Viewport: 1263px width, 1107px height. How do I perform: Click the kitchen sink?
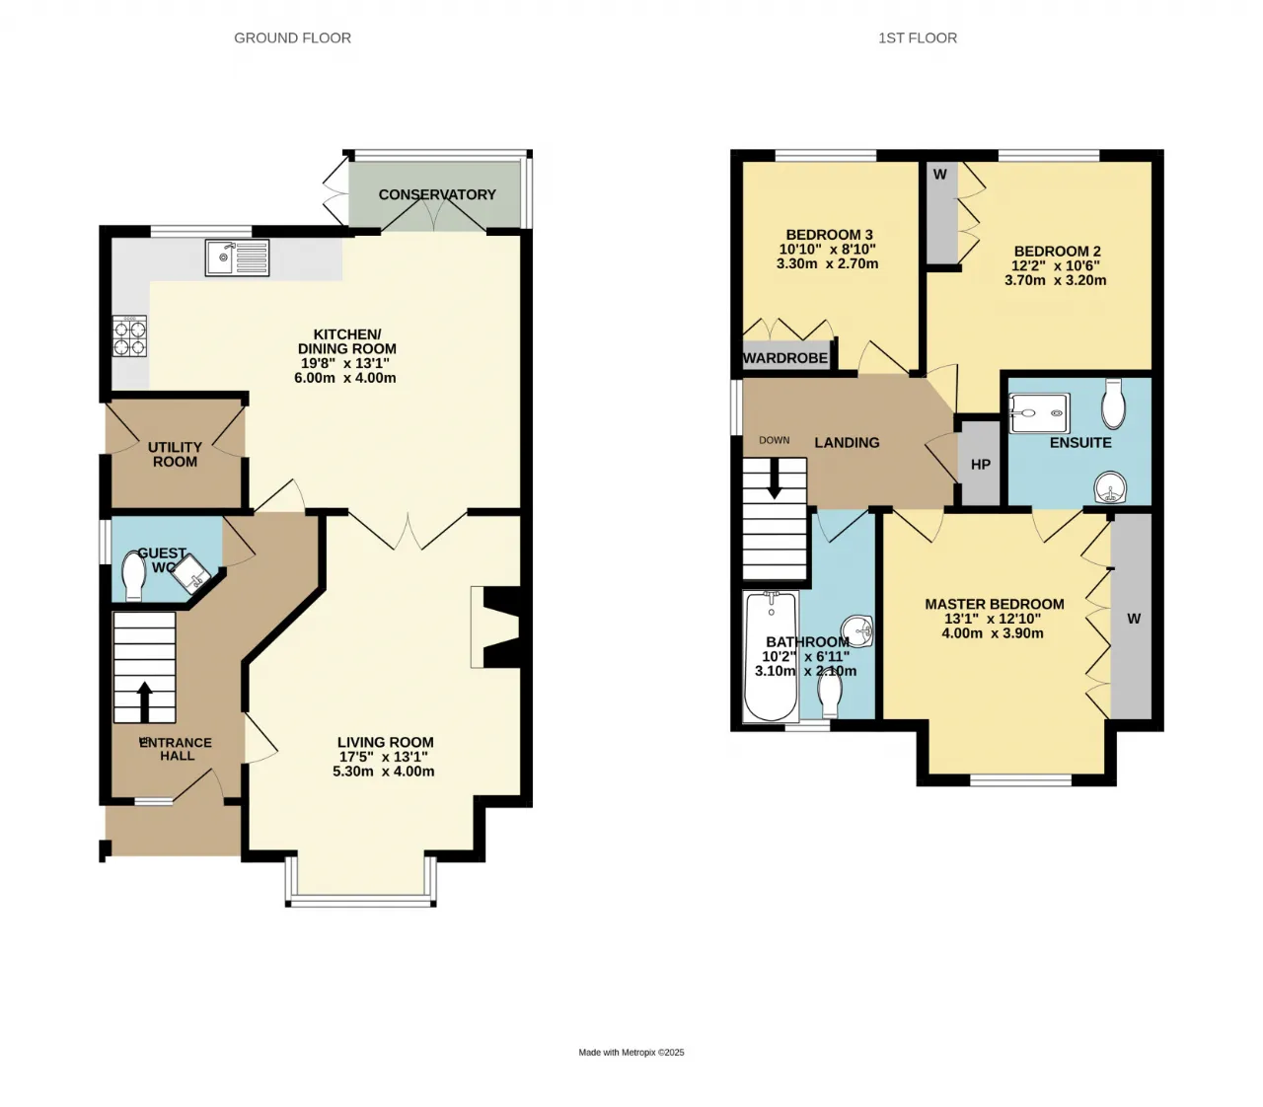(237, 258)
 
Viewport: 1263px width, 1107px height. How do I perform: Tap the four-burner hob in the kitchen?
(129, 336)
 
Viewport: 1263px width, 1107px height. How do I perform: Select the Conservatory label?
(437, 194)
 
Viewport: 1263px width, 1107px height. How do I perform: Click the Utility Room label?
(175, 455)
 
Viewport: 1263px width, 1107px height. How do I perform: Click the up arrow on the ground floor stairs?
(144, 701)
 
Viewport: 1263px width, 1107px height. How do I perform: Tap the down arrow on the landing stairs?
(775, 480)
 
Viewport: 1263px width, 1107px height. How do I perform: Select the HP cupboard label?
(981, 465)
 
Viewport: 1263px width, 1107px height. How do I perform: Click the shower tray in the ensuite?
(1039, 412)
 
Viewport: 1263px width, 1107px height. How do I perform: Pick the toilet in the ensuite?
(1113, 404)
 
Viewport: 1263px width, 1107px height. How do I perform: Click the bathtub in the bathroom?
(772, 656)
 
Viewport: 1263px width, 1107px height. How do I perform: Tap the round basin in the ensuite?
(1110, 486)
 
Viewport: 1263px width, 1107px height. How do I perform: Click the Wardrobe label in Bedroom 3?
(785, 358)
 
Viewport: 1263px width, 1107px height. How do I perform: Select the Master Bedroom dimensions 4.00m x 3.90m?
(993, 633)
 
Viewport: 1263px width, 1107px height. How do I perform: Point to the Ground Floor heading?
(292, 38)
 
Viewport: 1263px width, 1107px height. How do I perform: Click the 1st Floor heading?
(918, 38)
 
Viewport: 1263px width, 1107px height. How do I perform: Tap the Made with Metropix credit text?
(631, 1052)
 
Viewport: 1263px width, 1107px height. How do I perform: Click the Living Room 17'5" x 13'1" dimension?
(384, 757)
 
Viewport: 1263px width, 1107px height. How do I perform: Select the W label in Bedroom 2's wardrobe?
(940, 175)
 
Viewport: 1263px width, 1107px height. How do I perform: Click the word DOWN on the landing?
(775, 440)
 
